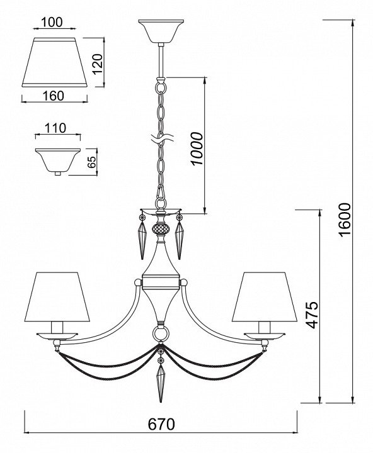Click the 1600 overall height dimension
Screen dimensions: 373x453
tap(345, 220)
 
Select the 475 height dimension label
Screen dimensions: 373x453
tap(313, 315)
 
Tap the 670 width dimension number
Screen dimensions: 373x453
tap(161, 425)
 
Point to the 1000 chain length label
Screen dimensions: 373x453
tap(197, 148)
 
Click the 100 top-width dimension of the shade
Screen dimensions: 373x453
tap(52, 22)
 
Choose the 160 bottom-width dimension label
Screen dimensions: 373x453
tap(54, 96)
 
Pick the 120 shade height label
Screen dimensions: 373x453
tap(98, 64)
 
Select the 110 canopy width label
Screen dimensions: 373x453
tap(55, 128)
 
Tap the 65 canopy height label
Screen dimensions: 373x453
tap(91, 162)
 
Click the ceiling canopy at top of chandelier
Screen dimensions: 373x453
tap(161, 31)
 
